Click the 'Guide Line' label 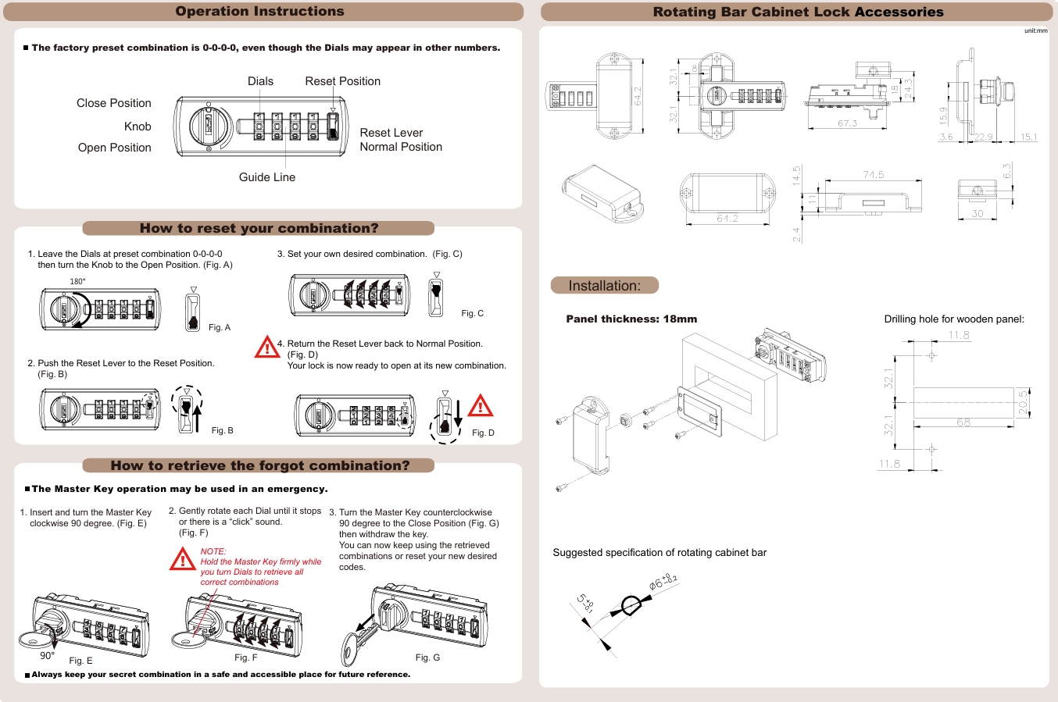point(267,177)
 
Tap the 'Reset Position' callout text point(342,81)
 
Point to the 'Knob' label point(138,127)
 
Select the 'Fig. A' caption point(220,327)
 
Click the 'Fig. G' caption point(427,657)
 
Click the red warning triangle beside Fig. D point(481,406)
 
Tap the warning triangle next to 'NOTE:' point(182,559)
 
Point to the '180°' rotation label point(77,281)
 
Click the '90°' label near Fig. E point(47,655)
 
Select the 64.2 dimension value point(638,96)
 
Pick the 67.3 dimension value point(847,123)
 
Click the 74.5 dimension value point(874,175)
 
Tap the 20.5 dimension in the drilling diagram point(1023,402)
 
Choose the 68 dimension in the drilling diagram point(963,422)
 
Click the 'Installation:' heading point(604,286)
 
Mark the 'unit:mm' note point(1036,30)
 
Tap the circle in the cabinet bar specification point(630,605)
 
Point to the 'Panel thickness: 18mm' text point(631,319)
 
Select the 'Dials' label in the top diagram point(260,81)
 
